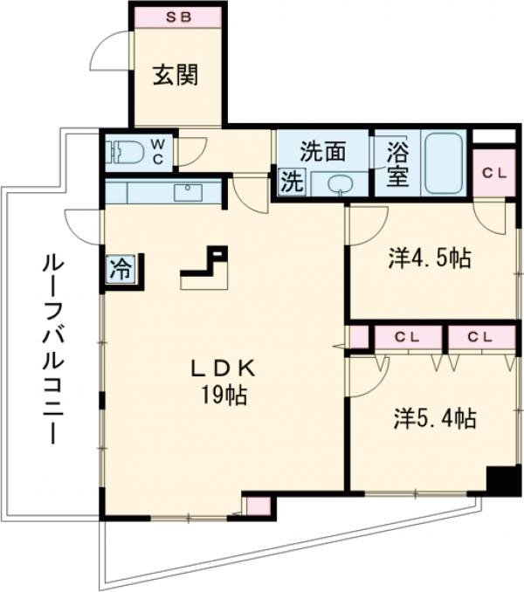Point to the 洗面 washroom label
pos(322,152)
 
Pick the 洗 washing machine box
pos(290,183)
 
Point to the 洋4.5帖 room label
pos(431,259)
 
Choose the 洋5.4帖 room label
pos(434,420)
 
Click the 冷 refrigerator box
pos(121,269)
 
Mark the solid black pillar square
pos(502,481)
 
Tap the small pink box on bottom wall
pos(258,506)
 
